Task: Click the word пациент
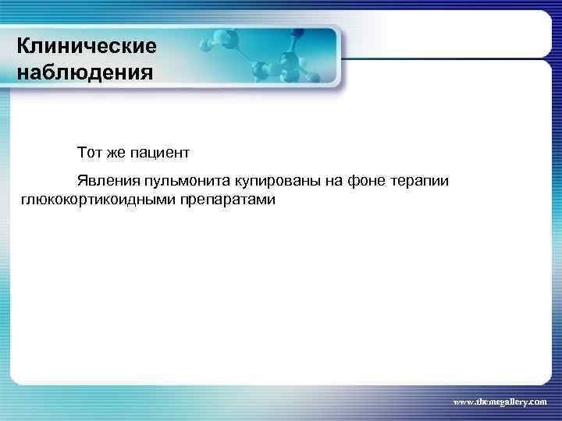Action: tap(158, 149)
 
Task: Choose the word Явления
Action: tap(103, 181)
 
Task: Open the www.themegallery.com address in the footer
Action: tap(500, 399)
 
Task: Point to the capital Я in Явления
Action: tap(81, 181)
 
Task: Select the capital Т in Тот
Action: tap(81, 149)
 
